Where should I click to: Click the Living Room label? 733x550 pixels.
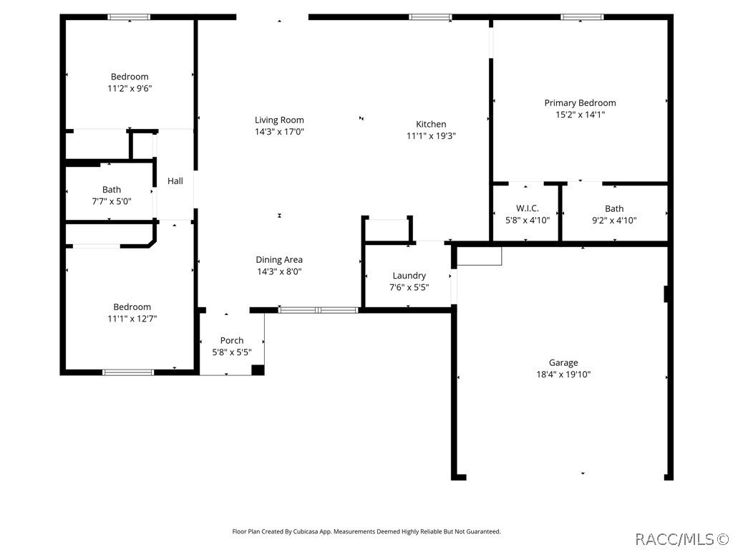[279, 120]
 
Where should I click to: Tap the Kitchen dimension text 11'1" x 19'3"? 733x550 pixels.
[431, 135]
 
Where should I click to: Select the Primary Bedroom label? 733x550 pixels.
[580, 103]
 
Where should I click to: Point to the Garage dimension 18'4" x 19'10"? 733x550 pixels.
[563, 374]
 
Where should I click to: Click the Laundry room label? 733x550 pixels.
[409, 276]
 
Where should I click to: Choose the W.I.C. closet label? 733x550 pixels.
[527, 209]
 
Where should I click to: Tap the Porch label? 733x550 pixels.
[232, 341]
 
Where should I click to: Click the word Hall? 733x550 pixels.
[175, 181]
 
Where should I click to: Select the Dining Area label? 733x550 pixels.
[279, 260]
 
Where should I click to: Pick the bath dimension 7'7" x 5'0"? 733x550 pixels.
[111, 201]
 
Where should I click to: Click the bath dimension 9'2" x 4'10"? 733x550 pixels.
[614, 221]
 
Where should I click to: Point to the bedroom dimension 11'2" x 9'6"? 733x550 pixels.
[130, 88]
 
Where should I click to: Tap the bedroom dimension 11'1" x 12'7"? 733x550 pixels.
[132, 318]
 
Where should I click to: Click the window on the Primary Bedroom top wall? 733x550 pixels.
[581, 17]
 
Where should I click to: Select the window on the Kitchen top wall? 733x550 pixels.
[430, 17]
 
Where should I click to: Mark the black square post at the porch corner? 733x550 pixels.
[258, 370]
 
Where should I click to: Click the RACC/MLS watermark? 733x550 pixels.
[681, 538]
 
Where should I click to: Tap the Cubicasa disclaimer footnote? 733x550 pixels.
[366, 531]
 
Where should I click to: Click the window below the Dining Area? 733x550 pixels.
[318, 310]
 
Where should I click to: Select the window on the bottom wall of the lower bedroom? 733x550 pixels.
[128, 372]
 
